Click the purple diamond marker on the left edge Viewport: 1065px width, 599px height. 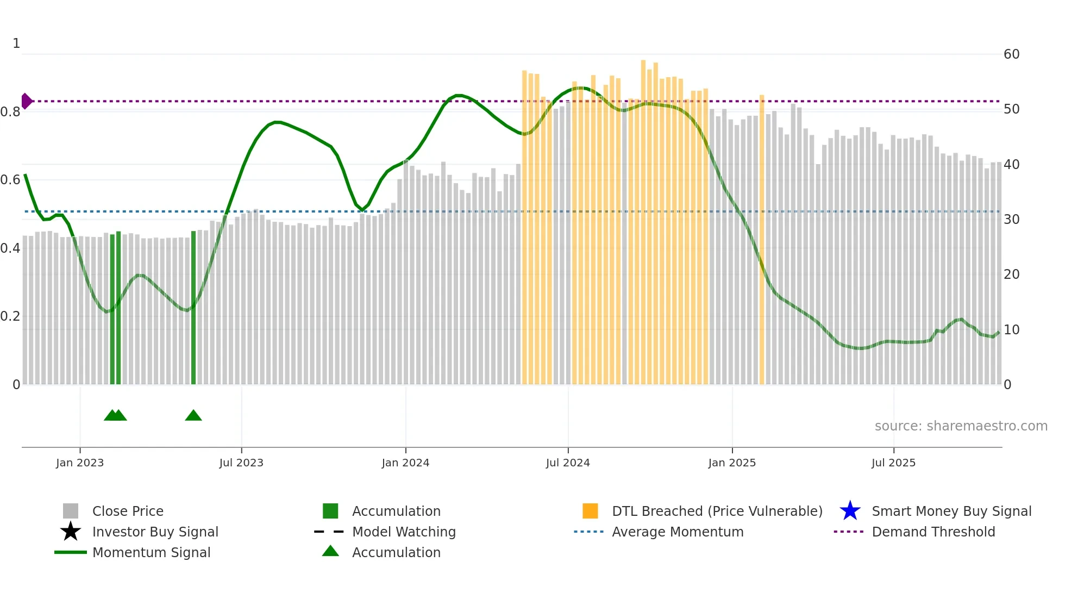26,101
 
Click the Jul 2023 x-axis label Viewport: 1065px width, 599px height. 241,463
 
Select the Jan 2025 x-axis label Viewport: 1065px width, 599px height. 732,463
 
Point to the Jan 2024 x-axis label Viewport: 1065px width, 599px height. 405,463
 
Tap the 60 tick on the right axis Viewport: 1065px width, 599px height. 1011,54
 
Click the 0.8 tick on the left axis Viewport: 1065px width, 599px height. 10,112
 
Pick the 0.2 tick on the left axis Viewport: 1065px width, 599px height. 10,316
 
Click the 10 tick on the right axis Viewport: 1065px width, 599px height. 1011,330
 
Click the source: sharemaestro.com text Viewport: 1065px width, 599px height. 961,426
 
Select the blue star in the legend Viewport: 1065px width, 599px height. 850,511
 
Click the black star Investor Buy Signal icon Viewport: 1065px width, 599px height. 71,532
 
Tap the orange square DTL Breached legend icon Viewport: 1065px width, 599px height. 590,511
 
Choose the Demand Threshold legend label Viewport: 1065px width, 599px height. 933,532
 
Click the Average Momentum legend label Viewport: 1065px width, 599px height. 678,532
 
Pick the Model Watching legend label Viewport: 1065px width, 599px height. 404,532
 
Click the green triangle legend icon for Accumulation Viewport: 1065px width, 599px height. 330,552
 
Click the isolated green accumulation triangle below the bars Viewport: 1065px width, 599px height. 193,416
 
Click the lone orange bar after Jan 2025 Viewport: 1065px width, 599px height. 762,239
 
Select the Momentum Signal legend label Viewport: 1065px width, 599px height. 151,552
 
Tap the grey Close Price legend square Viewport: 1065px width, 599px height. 71,511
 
